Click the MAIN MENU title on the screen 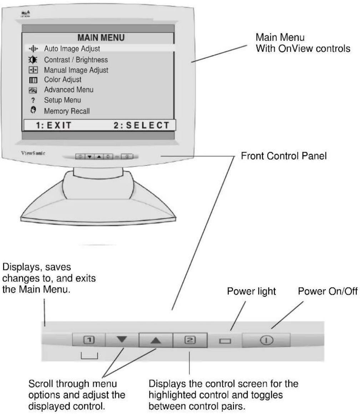101,38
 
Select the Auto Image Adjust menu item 72,49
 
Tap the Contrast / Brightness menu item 76,60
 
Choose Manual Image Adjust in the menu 76,70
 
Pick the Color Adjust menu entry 63,79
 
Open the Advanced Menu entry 69,90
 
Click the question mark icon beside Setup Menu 33,100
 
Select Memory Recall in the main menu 67,111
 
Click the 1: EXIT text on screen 54,125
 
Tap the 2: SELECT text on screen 142,125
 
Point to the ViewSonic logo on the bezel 33,153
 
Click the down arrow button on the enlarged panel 122,340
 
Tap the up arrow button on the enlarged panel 156,340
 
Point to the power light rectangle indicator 225,341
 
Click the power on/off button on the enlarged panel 267,340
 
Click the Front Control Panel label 284,156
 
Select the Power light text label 251,291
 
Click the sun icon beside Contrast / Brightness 33,60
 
